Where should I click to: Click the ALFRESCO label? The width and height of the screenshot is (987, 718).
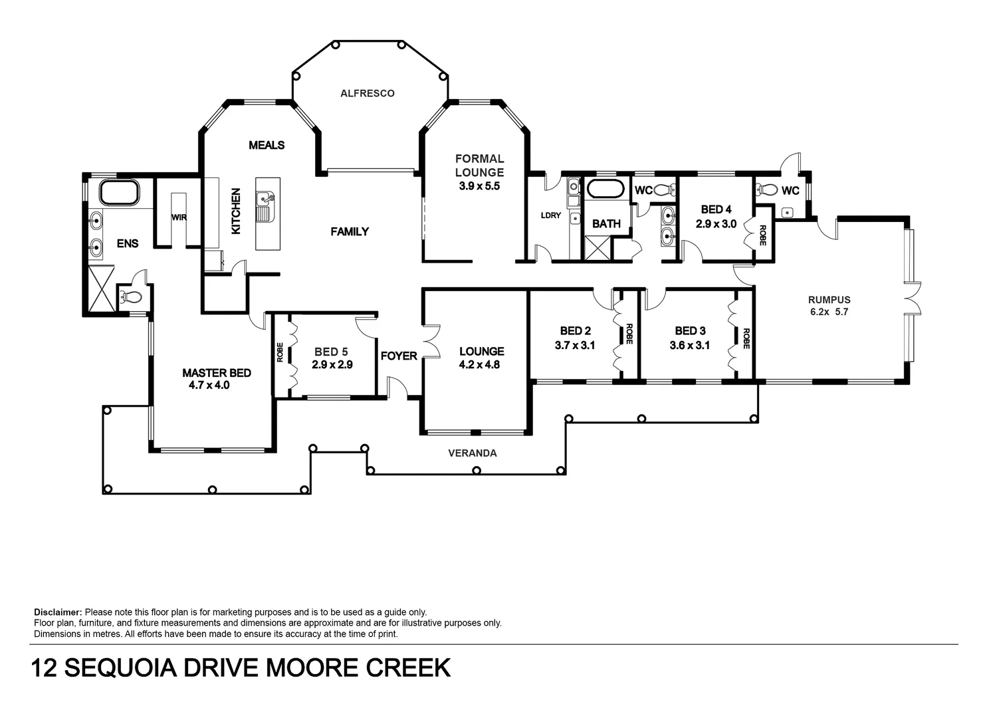pos(368,94)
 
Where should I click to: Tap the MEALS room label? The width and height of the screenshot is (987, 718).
pos(267,145)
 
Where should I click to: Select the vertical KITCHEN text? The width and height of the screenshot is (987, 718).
pos(236,211)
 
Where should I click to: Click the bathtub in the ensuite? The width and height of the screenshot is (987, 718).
pos(119,192)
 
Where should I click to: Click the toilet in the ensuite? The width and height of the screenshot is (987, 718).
pos(130,297)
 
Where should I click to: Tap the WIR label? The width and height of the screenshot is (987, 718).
pos(179,217)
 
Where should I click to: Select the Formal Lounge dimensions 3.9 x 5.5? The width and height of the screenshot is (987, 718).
pos(479,186)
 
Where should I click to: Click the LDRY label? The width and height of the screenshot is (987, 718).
pos(551,215)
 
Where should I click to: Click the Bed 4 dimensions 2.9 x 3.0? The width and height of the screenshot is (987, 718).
pos(716,224)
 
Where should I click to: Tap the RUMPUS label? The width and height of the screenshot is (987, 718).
pos(829,300)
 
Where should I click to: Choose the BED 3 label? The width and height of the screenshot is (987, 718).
pos(690,331)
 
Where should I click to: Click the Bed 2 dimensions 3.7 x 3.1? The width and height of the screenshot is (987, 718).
pos(574,345)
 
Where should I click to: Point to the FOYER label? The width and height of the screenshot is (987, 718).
pos(399,356)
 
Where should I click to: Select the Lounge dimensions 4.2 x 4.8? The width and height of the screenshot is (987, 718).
pos(479,364)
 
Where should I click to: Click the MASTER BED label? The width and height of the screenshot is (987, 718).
pos(217,373)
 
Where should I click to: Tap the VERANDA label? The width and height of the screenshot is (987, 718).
pos(473,453)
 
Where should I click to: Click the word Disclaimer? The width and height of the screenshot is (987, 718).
pos(58,612)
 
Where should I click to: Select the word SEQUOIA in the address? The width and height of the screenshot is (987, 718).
pos(120,667)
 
